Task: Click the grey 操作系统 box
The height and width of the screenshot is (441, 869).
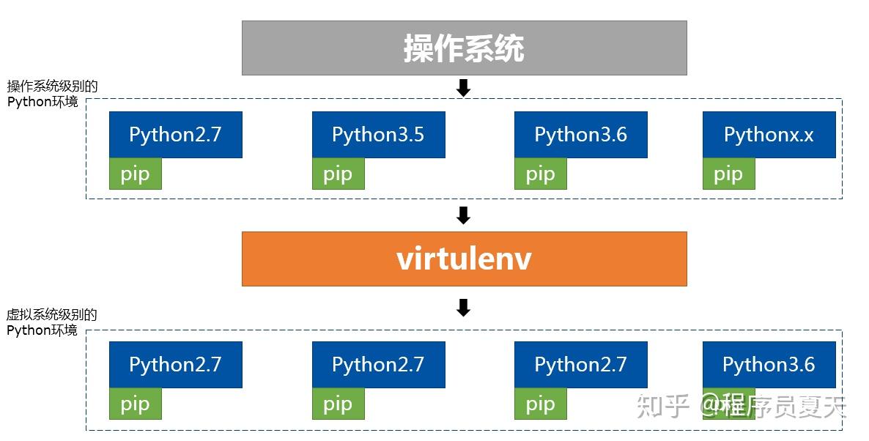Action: tap(464, 48)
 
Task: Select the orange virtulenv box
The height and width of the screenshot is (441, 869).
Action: tap(464, 259)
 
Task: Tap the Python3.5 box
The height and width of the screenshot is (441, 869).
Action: tap(378, 135)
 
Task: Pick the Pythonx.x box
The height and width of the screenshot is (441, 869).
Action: tap(769, 135)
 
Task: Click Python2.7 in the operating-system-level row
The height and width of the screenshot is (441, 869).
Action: tap(175, 135)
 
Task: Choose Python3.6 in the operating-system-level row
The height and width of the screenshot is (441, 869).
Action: tap(580, 135)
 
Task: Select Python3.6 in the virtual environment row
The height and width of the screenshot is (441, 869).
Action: tap(769, 365)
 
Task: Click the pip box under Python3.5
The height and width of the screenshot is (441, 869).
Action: tap(338, 174)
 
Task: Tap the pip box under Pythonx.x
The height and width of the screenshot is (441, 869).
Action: tap(728, 174)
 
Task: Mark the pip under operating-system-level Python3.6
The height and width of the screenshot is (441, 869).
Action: tap(540, 174)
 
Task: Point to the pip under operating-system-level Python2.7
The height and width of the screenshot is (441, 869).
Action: tap(135, 174)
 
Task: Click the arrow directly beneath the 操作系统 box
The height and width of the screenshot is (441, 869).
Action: tap(463, 89)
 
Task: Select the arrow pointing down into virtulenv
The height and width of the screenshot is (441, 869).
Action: tap(463, 215)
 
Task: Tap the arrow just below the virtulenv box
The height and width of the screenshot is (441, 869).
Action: tap(463, 308)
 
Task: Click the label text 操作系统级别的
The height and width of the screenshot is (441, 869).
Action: tap(52, 86)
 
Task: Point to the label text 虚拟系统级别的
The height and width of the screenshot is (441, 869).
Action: tap(52, 315)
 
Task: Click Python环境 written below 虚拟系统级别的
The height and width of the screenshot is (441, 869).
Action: tap(42, 330)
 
